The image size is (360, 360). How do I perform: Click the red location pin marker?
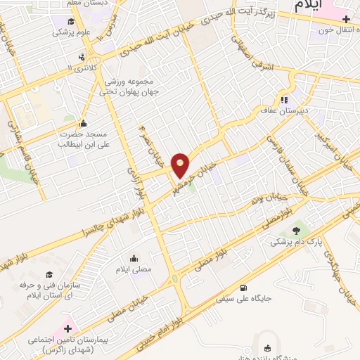(181, 165)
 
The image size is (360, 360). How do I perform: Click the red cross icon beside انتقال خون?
(345, 19)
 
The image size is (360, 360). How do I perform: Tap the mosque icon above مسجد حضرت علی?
(83, 124)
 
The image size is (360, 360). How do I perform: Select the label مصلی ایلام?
(134, 268)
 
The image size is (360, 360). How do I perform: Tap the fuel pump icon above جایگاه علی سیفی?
(243, 286)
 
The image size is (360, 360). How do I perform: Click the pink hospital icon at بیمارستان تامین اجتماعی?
(69, 328)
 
